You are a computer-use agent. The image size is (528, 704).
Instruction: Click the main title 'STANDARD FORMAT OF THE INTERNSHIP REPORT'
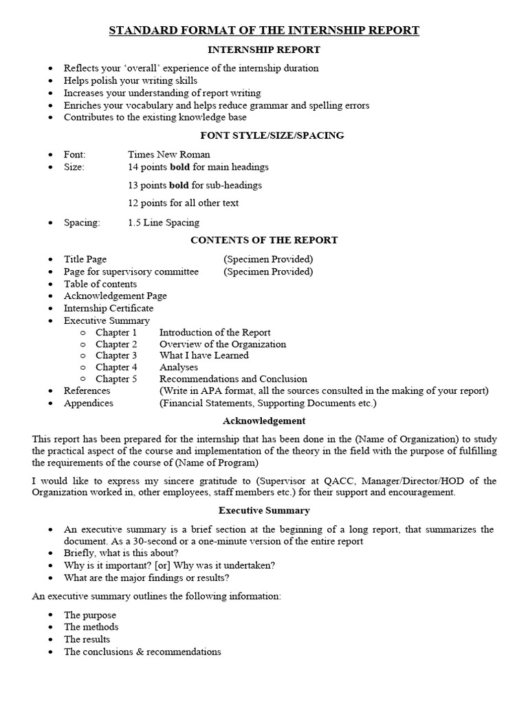coord(264,30)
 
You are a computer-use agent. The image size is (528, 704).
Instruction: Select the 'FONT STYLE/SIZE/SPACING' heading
coord(264,135)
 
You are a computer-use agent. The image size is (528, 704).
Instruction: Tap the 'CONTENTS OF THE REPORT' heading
coord(264,241)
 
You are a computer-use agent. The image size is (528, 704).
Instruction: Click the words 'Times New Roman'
coord(169,155)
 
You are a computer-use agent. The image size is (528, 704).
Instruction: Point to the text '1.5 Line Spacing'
coord(164,223)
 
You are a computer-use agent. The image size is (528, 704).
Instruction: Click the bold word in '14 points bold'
coord(179,167)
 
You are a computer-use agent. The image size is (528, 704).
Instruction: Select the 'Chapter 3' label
coord(116,355)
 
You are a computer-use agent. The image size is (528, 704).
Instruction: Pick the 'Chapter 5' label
coord(116,379)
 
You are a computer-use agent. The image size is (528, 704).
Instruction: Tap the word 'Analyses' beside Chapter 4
coord(178,367)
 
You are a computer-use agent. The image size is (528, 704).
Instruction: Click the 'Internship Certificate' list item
coord(109,308)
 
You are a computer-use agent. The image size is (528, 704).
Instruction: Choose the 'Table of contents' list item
coord(100,284)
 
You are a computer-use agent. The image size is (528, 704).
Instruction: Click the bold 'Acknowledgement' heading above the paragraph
coord(264,421)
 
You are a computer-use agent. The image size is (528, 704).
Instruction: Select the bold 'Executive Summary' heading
coord(264,511)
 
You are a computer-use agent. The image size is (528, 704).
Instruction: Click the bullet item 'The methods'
coord(91,627)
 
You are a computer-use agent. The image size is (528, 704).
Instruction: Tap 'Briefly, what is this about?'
coord(121,553)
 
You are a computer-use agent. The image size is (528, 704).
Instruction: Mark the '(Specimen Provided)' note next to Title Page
coord(268,259)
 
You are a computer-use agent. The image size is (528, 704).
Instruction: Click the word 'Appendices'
coord(89,403)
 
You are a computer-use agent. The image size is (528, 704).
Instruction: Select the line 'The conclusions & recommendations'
coord(142,652)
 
